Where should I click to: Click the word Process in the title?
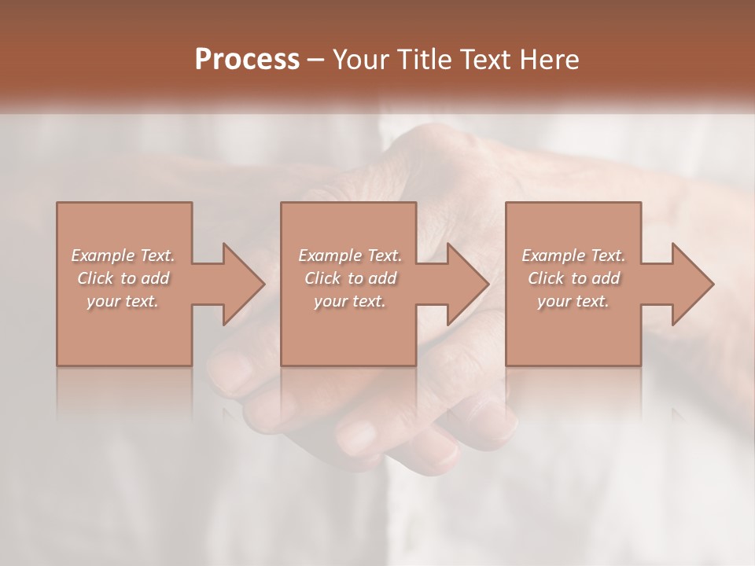tap(247, 60)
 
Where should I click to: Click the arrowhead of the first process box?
tap(242, 284)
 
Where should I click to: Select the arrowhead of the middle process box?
tap(467, 284)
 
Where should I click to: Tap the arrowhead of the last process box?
tap(692, 284)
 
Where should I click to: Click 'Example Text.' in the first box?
tap(123, 255)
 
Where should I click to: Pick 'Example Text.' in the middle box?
tap(350, 255)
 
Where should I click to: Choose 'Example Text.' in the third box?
tap(573, 255)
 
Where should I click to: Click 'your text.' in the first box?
tap(123, 301)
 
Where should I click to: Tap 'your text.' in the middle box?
tap(350, 301)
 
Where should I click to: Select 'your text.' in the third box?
tap(573, 301)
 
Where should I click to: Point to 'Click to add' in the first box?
tap(123, 278)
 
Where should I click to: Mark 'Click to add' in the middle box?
tap(350, 278)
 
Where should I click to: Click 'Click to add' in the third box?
tap(573, 278)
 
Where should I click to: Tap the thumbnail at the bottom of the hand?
tap(358, 434)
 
